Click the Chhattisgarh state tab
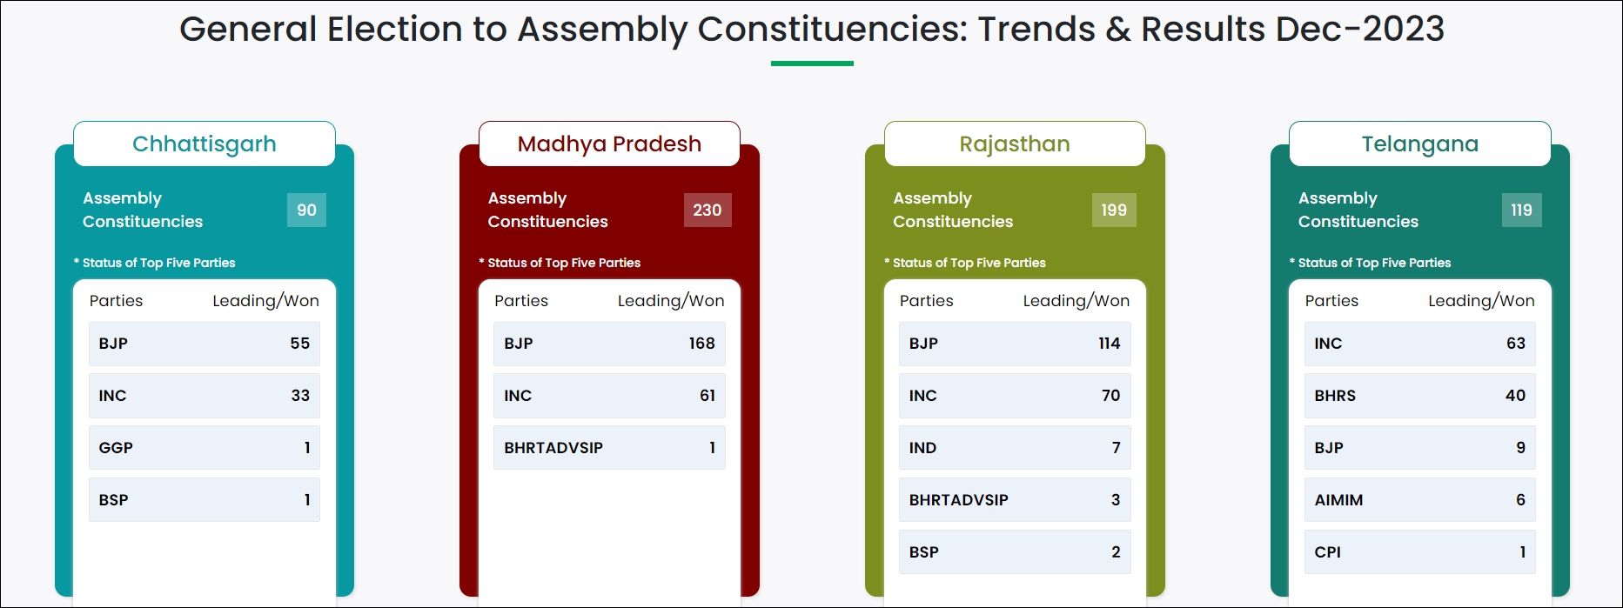205,144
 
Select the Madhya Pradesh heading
609,144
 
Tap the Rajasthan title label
1015,144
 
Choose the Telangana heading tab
1420,144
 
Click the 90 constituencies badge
306,210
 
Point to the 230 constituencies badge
708,210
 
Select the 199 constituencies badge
1114,210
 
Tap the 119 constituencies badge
1521,210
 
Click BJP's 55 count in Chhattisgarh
300,344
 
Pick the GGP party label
116,448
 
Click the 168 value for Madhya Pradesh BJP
702,344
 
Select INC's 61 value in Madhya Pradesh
708,396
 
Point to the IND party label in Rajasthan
923,448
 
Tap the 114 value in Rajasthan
1110,344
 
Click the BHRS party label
1335,396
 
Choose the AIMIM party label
1338,500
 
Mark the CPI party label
1328,552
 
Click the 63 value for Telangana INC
1516,344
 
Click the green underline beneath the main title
812,63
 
